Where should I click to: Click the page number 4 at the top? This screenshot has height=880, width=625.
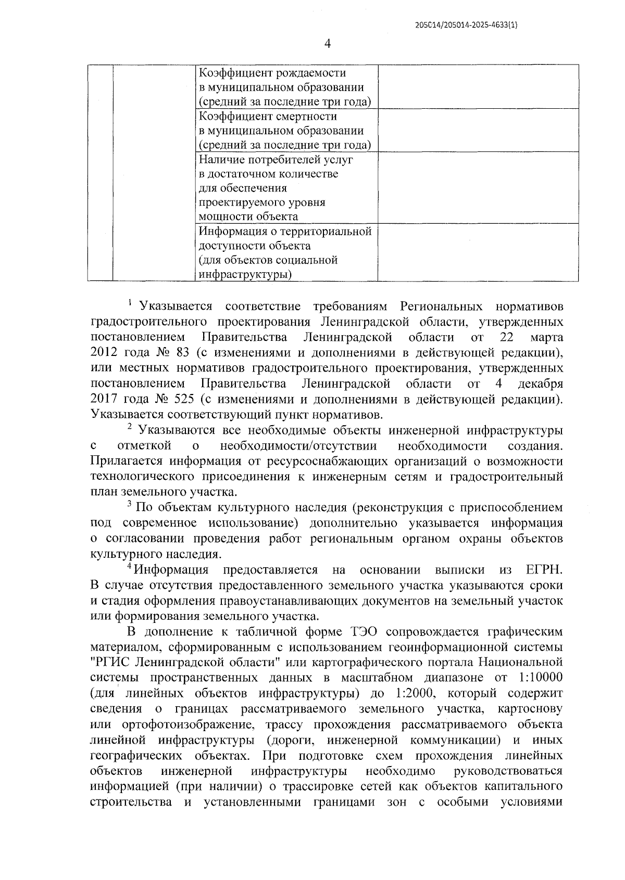pyautogui.click(x=328, y=44)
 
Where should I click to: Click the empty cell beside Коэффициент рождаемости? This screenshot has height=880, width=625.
pyautogui.click(x=478, y=87)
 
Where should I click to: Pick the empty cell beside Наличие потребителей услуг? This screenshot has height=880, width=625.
pyautogui.click(x=478, y=187)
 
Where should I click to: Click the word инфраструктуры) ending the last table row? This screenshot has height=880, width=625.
pyautogui.click(x=245, y=274)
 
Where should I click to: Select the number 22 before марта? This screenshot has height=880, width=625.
pyautogui.click(x=506, y=338)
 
